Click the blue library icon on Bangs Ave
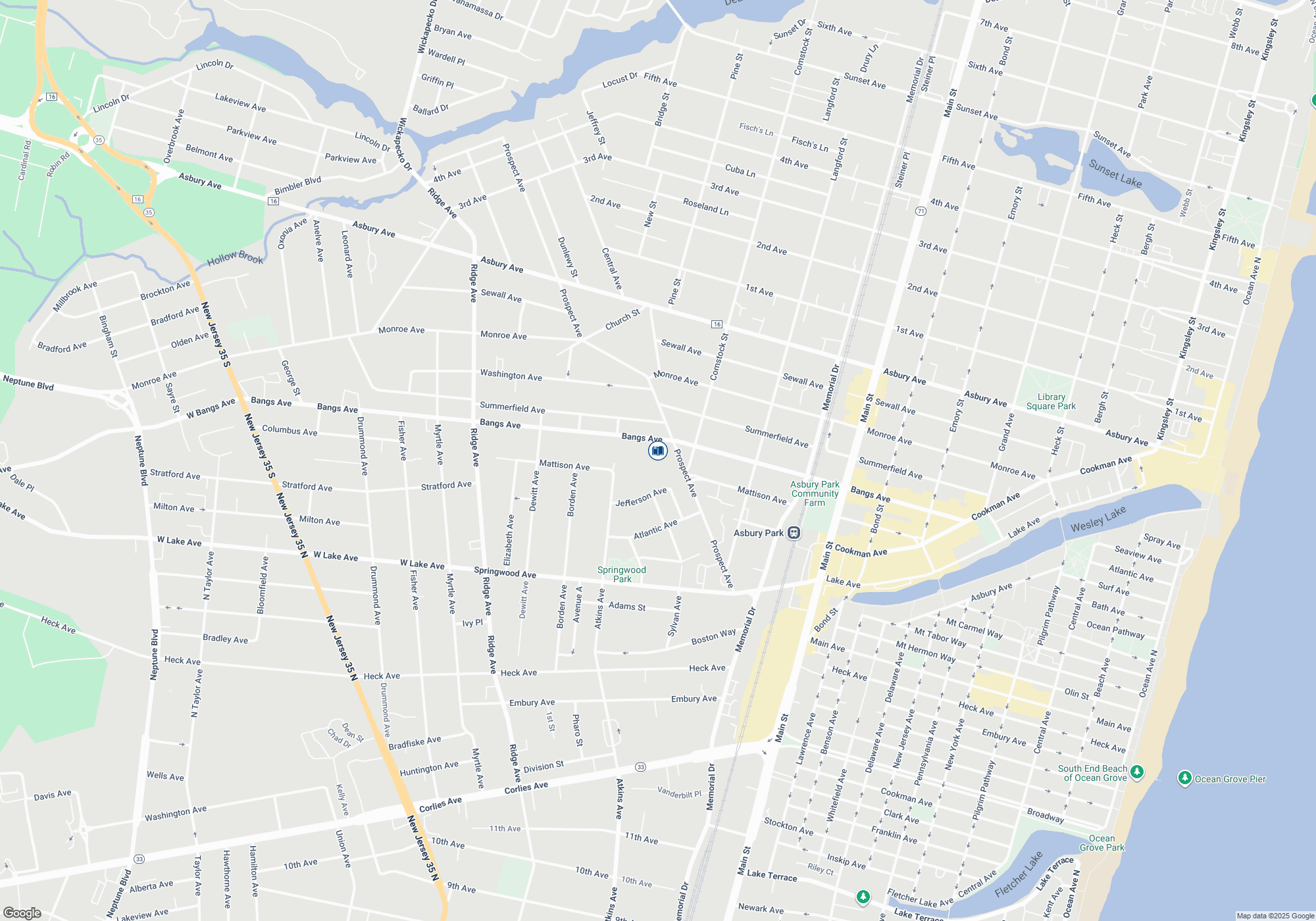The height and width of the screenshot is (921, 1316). (657, 451)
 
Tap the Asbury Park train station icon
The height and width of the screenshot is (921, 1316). (794, 533)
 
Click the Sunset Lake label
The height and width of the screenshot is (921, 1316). (1115, 173)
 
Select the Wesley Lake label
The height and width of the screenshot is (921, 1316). (1098, 519)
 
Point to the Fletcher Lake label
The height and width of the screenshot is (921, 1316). (1019, 875)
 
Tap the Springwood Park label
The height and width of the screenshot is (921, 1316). (621, 574)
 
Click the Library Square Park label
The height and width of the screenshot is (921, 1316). (1051, 401)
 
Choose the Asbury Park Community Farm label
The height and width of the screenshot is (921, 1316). (815, 493)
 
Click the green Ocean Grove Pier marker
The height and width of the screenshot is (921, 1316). (1184, 779)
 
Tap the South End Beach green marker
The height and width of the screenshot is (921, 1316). (1137, 772)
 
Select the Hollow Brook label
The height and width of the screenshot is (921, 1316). (235, 258)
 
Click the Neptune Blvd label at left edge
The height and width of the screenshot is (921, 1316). (28, 383)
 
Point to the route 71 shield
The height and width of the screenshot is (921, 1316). (921, 211)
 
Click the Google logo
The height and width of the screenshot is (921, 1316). (22, 912)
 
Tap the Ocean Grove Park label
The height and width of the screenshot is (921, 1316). (1101, 843)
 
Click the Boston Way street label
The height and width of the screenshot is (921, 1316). (713, 637)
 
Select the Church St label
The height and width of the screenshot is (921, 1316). (622, 320)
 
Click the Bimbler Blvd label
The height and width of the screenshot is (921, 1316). (297, 186)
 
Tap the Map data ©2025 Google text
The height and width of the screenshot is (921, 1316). (1275, 916)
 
